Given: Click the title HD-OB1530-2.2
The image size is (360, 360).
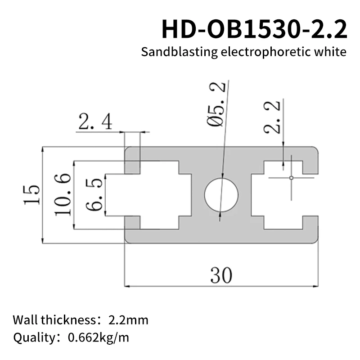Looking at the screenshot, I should pyautogui.click(x=254, y=30).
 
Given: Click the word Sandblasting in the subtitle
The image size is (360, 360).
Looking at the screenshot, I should pyautogui.click(x=179, y=52).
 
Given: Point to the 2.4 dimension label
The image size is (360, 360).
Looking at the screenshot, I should pyautogui.click(x=95, y=121).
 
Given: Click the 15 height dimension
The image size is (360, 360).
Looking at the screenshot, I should pyautogui.click(x=32, y=194).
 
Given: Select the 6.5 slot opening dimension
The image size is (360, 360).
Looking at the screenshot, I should pyautogui.click(x=94, y=194).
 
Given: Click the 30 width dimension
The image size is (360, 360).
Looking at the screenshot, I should pyautogui.click(x=221, y=275).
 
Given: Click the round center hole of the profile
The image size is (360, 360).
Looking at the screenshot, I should pyautogui.click(x=221, y=195).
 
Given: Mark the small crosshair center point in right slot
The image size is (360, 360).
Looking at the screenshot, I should pyautogui.click(x=291, y=178).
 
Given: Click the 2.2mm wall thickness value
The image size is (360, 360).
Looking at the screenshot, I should pyautogui.click(x=128, y=320).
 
